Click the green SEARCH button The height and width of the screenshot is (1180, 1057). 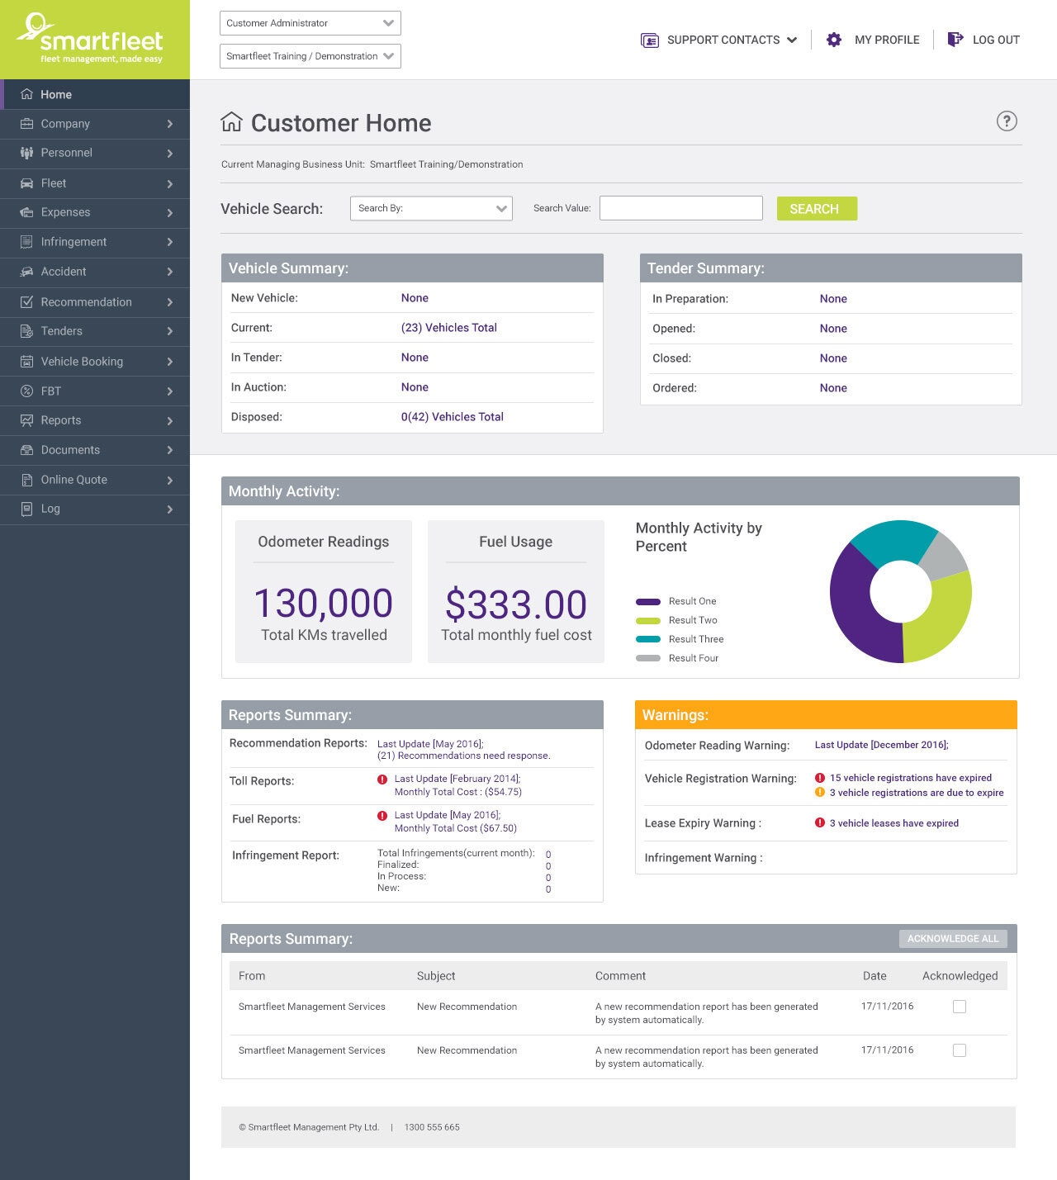pos(816,209)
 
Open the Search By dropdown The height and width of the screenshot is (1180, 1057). pos(431,208)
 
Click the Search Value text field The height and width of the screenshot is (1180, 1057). pos(680,208)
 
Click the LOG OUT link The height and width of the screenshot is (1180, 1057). pos(984,40)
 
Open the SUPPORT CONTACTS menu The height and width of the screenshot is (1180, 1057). pos(719,40)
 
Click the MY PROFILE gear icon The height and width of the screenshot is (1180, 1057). pos(834,40)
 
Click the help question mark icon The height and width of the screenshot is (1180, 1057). pos(1006,121)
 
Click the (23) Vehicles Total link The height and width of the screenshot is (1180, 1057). pos(448,328)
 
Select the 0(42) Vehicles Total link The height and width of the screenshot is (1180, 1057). pos(452,417)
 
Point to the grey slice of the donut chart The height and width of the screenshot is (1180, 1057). pos(944,555)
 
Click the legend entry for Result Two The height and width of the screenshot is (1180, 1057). pos(692,620)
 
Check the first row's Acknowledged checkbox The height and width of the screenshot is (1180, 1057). pos(959,1007)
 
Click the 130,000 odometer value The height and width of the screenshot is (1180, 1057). pos(323,604)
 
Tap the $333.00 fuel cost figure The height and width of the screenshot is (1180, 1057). pos(515,604)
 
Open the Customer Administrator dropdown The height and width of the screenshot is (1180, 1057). pos(310,23)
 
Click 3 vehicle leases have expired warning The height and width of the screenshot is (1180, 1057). pos(893,823)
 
